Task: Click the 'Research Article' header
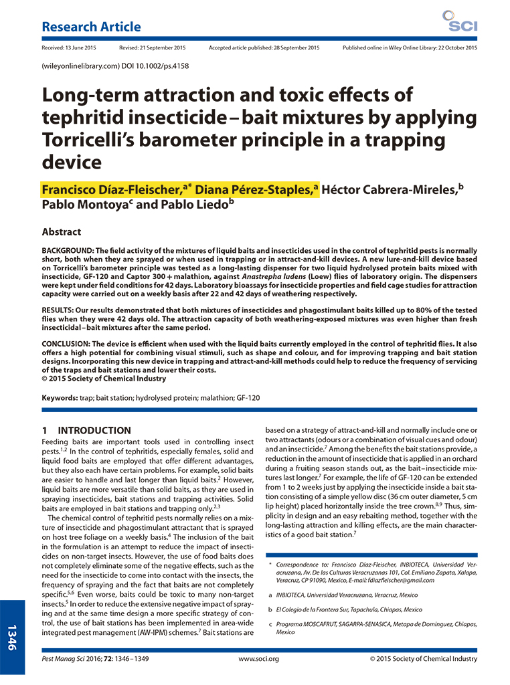coord(91,27)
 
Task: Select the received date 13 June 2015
coord(69,48)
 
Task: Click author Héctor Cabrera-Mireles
coord(389,189)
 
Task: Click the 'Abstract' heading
coord(62,231)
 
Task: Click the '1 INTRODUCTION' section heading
coord(86,431)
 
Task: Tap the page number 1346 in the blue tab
coord(15,636)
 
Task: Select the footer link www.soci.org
coord(255,659)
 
